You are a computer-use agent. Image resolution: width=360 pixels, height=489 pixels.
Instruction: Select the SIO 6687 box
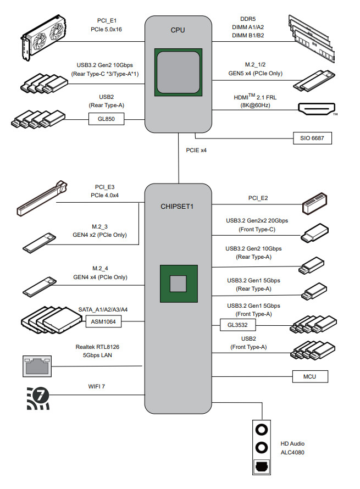pyautogui.click(x=312, y=138)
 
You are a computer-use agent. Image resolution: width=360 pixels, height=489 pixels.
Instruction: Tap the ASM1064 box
pyautogui.click(x=103, y=321)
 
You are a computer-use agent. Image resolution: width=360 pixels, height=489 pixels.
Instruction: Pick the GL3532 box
pyautogui.click(x=238, y=326)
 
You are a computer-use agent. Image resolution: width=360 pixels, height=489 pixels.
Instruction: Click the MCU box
pyautogui.click(x=309, y=376)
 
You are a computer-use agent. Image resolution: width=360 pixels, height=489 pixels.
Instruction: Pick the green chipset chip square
pyautogui.click(x=178, y=284)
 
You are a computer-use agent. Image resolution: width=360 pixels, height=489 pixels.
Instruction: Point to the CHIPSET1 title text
pyautogui.click(x=178, y=207)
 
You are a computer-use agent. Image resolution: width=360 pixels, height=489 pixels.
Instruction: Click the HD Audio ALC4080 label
pyautogui.click(x=292, y=448)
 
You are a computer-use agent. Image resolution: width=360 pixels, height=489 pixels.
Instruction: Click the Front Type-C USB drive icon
pyautogui.click(x=315, y=233)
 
